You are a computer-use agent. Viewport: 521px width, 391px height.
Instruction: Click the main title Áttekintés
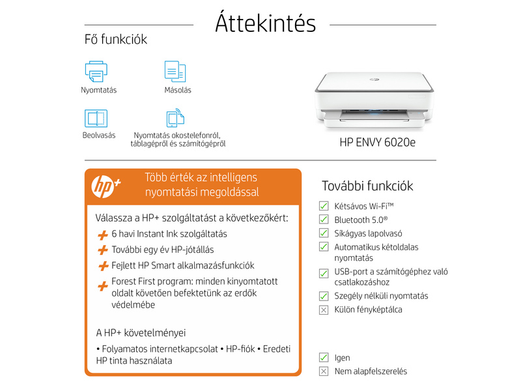tap(265, 24)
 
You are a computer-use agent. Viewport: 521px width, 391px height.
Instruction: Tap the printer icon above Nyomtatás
tap(96, 70)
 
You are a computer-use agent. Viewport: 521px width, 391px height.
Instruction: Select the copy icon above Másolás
tap(175, 70)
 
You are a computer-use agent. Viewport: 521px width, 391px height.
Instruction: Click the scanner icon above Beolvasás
tap(96, 118)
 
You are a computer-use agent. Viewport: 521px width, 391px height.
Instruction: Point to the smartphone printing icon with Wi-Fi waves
tap(175, 118)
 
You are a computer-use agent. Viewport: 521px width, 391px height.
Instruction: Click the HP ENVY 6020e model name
tap(377, 141)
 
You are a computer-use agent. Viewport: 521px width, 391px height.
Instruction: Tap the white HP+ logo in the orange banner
tap(106, 185)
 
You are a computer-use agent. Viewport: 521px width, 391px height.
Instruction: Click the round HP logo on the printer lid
tap(374, 80)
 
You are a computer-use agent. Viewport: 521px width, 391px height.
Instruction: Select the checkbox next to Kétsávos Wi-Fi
tap(324, 206)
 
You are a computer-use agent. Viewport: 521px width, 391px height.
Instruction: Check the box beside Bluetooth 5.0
tap(324, 220)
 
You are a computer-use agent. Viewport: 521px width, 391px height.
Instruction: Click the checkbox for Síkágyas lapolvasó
tap(324, 233)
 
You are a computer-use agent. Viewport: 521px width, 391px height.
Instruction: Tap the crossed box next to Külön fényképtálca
tap(324, 310)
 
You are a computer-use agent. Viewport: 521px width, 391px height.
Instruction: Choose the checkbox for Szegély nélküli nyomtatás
tap(324, 296)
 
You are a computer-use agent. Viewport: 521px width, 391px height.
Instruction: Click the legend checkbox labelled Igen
tap(324, 357)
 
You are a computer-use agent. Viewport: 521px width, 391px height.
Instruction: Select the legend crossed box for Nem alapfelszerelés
tap(324, 371)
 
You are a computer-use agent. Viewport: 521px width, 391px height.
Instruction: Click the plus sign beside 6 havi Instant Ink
tap(102, 235)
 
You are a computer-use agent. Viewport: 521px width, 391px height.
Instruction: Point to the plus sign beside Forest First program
tap(102, 285)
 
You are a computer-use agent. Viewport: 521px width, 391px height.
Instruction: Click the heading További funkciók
tap(367, 186)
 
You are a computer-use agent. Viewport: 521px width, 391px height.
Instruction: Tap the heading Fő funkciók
tap(116, 40)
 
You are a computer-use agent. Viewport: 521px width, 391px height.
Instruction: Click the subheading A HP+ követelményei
tap(141, 332)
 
